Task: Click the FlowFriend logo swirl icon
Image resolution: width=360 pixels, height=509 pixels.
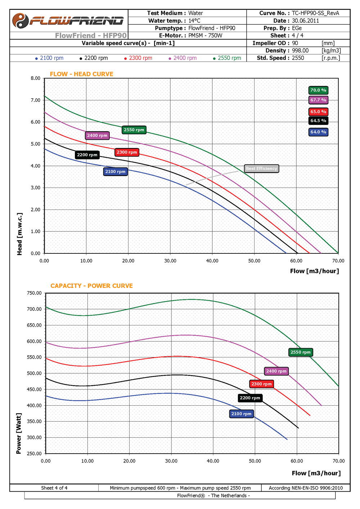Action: [20, 21]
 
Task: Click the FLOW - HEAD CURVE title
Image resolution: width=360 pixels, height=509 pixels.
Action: [81, 74]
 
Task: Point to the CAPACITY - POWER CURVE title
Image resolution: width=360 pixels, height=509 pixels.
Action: [91, 286]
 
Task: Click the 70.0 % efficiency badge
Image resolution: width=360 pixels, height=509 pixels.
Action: [318, 90]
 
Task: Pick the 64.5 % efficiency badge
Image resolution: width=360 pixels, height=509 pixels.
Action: [318, 121]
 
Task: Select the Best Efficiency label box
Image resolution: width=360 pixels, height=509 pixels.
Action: [261, 168]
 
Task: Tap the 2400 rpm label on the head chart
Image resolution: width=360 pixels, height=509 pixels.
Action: [97, 136]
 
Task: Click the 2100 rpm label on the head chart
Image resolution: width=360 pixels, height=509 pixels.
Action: [115, 172]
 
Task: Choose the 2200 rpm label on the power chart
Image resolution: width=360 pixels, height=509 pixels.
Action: [250, 398]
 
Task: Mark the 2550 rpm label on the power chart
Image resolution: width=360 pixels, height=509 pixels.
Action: [301, 352]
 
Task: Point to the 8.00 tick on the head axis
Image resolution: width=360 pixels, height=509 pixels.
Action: [36, 78]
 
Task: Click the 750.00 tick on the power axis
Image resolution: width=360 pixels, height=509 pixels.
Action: [34, 293]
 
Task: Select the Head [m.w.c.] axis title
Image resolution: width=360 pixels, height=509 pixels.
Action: [19, 234]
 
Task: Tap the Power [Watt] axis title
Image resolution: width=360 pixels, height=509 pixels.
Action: [19, 433]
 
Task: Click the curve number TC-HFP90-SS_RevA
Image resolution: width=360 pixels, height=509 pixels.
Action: [315, 13]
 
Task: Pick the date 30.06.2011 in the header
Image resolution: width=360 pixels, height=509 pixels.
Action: [305, 21]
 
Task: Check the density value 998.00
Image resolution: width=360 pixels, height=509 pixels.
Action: [300, 51]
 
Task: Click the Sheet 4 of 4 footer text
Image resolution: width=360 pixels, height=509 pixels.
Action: [54, 488]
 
